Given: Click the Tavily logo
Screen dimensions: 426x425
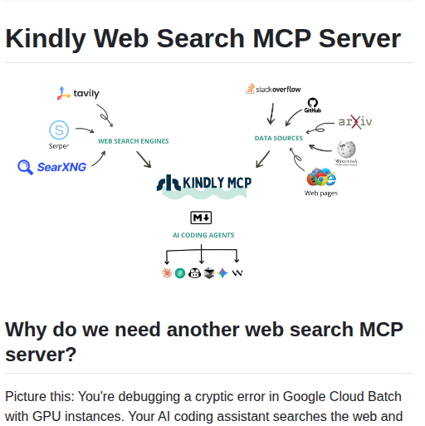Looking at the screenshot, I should (78, 94).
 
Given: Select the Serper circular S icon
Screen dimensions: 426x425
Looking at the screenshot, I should (58, 130).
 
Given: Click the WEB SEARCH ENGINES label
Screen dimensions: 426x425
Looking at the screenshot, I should (133, 141).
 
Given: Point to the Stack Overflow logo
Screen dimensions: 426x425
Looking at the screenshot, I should (273, 89).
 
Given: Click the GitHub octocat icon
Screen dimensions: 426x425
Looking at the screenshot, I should (313, 105).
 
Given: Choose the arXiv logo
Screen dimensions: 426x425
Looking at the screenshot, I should (354, 122).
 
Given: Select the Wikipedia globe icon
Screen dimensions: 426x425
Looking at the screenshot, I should (346, 150).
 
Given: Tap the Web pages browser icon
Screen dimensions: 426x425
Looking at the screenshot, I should (321, 178).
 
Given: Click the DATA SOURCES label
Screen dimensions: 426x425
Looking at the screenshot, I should (278, 138).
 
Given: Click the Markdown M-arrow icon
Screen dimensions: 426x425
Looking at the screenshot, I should (201, 218).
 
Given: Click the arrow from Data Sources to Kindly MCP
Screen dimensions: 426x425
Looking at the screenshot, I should (262, 158).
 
